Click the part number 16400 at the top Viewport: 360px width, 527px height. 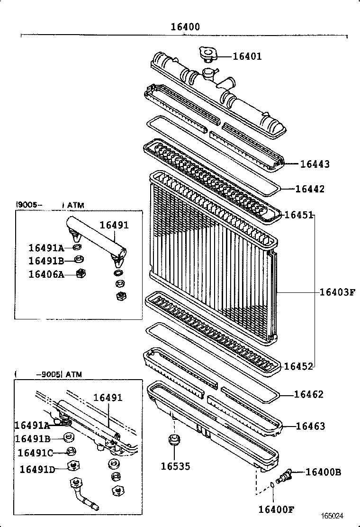point(185,27)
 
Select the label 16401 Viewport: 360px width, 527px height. point(247,56)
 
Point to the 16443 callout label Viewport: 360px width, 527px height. point(315,164)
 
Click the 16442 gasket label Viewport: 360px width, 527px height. point(310,189)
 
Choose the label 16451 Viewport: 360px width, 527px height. point(298,215)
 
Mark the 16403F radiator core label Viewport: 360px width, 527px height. point(337,292)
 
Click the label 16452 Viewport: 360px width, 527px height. point(298,366)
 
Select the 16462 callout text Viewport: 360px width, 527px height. point(309,394)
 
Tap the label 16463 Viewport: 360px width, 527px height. point(310,426)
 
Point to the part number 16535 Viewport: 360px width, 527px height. point(175,466)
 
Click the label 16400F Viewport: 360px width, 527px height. point(276,509)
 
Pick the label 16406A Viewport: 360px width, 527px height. point(46,274)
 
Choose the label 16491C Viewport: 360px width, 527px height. point(36,453)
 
